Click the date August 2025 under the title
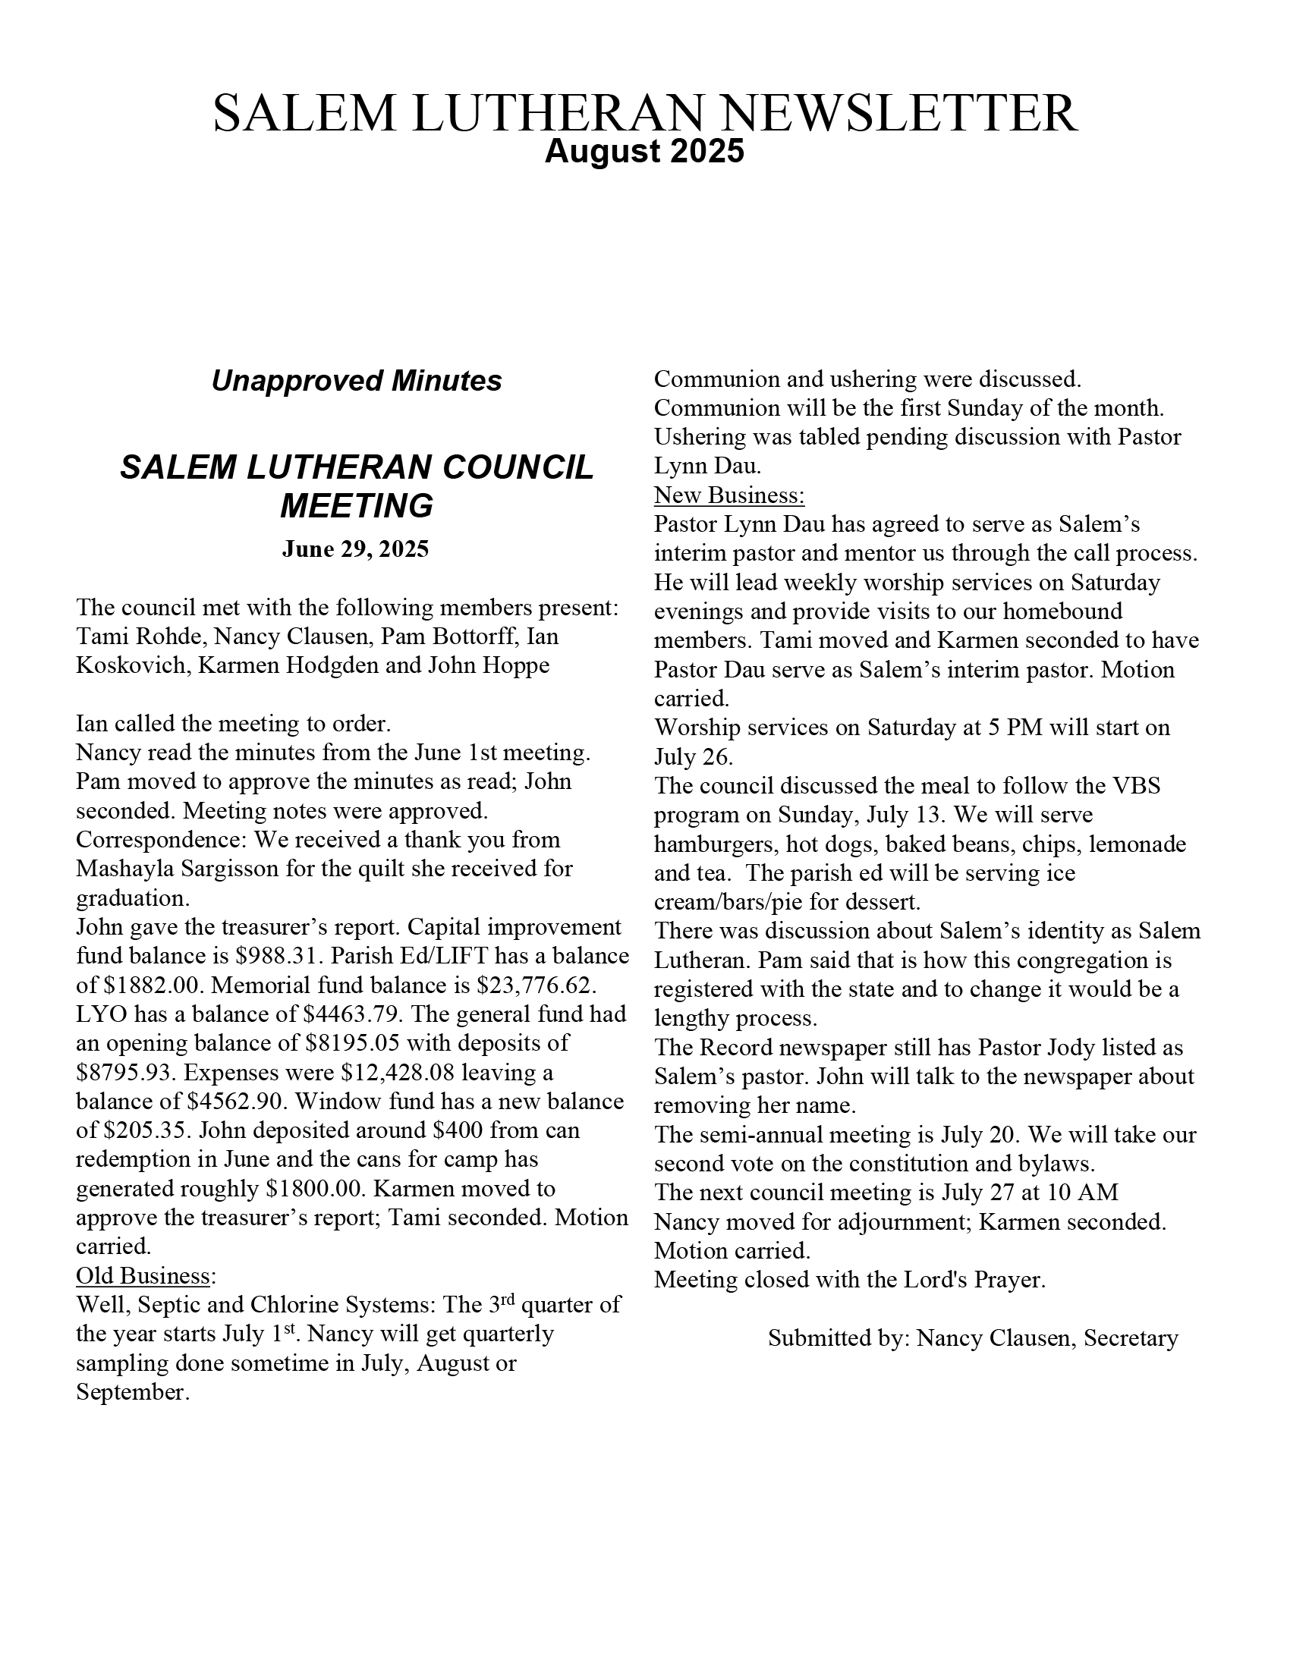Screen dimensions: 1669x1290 [643, 151]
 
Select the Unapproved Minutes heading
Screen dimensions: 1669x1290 [356, 381]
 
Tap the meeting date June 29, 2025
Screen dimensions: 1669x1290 [355, 549]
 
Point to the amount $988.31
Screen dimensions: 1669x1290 [281, 956]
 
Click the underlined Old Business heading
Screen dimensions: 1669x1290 [144, 1275]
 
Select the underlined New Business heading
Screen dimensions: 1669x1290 [729, 495]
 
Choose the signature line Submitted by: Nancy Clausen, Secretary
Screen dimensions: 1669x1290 [973, 1337]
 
